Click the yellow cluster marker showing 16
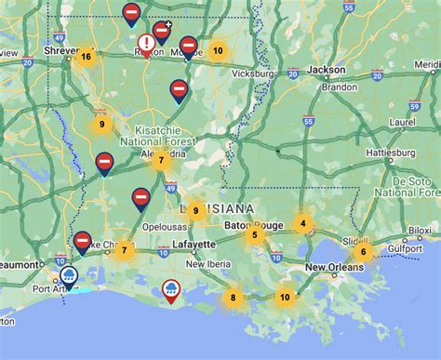point(86,57)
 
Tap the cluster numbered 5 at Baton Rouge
point(254,235)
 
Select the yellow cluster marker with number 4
point(302,223)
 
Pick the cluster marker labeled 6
point(363,252)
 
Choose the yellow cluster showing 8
point(233,299)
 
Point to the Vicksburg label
point(253,72)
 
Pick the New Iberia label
point(207,263)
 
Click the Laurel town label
point(404,120)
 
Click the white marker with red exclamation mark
point(147,43)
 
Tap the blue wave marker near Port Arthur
point(69,275)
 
